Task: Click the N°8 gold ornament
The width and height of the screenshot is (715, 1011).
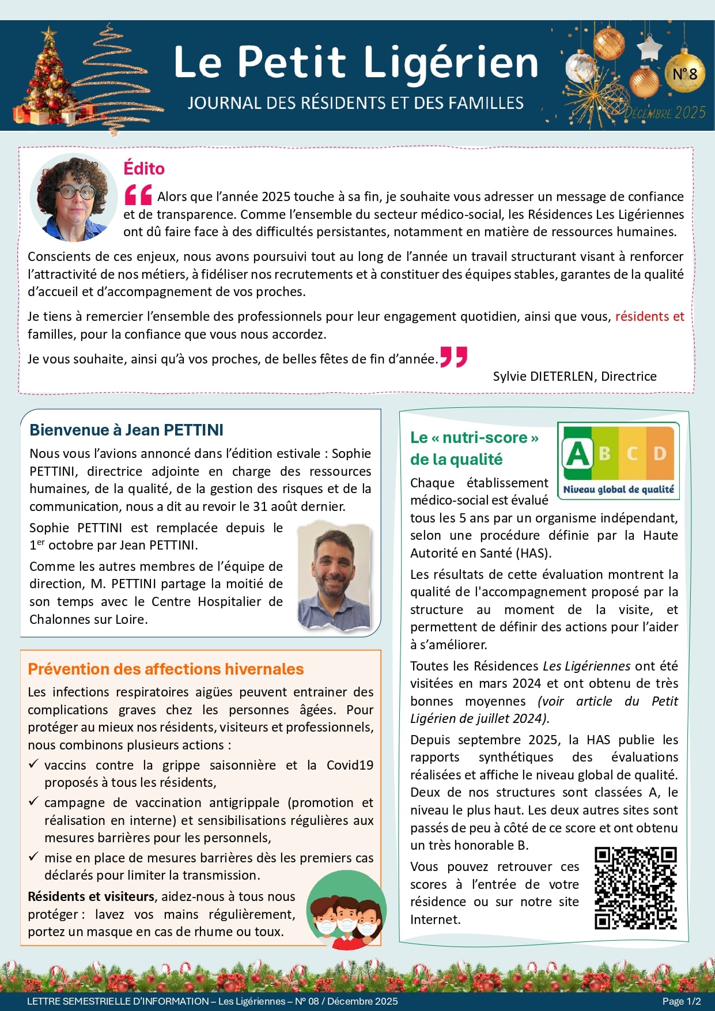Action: [684, 73]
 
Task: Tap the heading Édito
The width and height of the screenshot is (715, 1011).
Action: [144, 168]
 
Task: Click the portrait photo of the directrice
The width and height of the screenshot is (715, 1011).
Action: [73, 198]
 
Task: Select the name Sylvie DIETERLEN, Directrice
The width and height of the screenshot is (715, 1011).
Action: [574, 376]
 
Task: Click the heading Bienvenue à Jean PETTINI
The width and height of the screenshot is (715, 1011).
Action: [126, 430]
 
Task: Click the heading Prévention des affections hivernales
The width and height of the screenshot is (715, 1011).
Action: [165, 669]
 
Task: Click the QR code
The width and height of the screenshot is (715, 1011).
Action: [635, 888]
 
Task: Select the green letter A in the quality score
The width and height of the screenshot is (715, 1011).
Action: [578, 454]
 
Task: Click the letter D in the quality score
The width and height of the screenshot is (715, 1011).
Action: [660, 454]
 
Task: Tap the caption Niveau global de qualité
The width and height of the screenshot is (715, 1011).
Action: [618, 490]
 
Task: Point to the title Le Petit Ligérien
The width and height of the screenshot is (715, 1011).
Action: [355, 62]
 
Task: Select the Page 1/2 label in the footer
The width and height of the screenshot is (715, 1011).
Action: [682, 1001]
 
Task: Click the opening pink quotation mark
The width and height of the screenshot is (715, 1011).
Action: [138, 195]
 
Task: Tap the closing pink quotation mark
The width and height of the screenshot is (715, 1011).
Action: [453, 357]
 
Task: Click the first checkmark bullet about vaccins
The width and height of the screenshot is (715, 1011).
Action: [33, 764]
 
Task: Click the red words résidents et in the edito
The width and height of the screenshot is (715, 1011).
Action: [649, 316]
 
